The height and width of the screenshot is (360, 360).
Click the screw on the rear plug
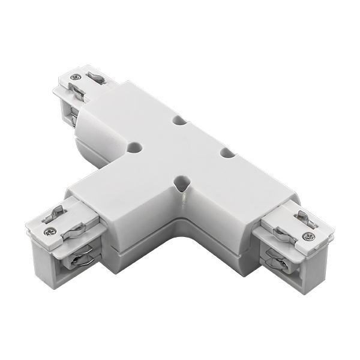(75, 77)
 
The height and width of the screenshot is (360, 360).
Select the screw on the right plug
(308, 236)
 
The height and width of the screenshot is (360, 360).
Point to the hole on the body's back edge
(179, 120)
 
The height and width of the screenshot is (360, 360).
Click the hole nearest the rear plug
(135, 146)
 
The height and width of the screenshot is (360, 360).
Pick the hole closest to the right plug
(227, 153)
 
